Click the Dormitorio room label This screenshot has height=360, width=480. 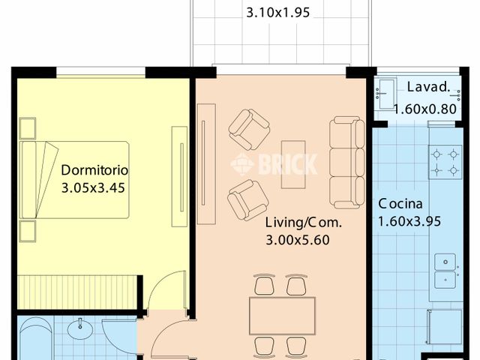click(95, 169)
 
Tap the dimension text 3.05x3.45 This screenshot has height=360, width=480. click(92, 187)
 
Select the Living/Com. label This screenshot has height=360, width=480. click(303, 222)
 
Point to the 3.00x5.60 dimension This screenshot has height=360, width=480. click(298, 240)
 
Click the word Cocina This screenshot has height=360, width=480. click(400, 203)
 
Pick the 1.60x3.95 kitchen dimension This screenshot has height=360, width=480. click(409, 221)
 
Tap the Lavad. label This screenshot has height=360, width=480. click(428, 87)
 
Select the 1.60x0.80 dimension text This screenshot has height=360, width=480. click(425, 108)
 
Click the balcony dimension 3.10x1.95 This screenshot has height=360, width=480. click(278, 12)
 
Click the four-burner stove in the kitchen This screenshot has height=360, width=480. click(445, 162)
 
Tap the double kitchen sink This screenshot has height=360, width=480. click(446, 270)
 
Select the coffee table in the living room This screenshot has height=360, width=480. click(293, 165)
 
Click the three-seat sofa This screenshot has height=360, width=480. click(346, 162)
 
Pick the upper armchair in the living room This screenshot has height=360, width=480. click(249, 129)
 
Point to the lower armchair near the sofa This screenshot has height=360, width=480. click(247, 199)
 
